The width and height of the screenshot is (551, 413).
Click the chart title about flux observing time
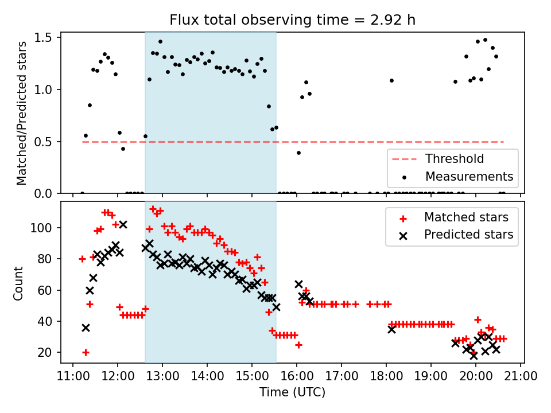[292, 20]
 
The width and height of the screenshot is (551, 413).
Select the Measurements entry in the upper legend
[469, 176]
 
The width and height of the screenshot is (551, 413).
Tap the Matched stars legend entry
[466, 217]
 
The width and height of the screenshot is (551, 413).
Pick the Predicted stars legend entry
[468, 234]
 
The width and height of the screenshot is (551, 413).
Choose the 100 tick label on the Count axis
[44, 228]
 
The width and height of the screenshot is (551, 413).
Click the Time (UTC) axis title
[292, 393]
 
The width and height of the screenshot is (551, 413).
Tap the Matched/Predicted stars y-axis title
[22, 113]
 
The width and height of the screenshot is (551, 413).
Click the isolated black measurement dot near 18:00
[391, 80]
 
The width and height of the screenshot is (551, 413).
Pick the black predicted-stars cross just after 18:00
[391, 329]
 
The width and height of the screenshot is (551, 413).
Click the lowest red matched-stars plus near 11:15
[86, 352]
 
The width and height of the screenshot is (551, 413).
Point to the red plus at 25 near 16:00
[298, 345]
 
